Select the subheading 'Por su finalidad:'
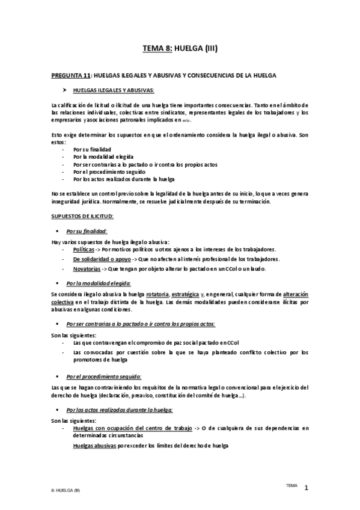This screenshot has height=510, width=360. click(x=87, y=231)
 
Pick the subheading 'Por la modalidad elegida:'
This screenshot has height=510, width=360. click(x=99, y=282)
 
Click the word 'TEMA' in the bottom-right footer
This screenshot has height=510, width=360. click(x=291, y=484)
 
